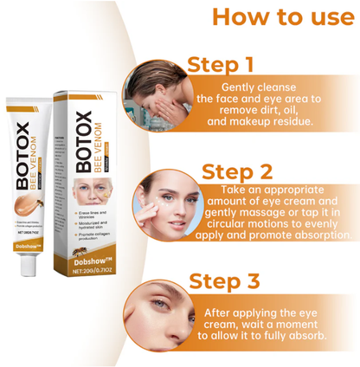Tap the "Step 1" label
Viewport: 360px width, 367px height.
click(222, 64)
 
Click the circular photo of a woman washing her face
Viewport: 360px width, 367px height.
click(157, 91)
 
